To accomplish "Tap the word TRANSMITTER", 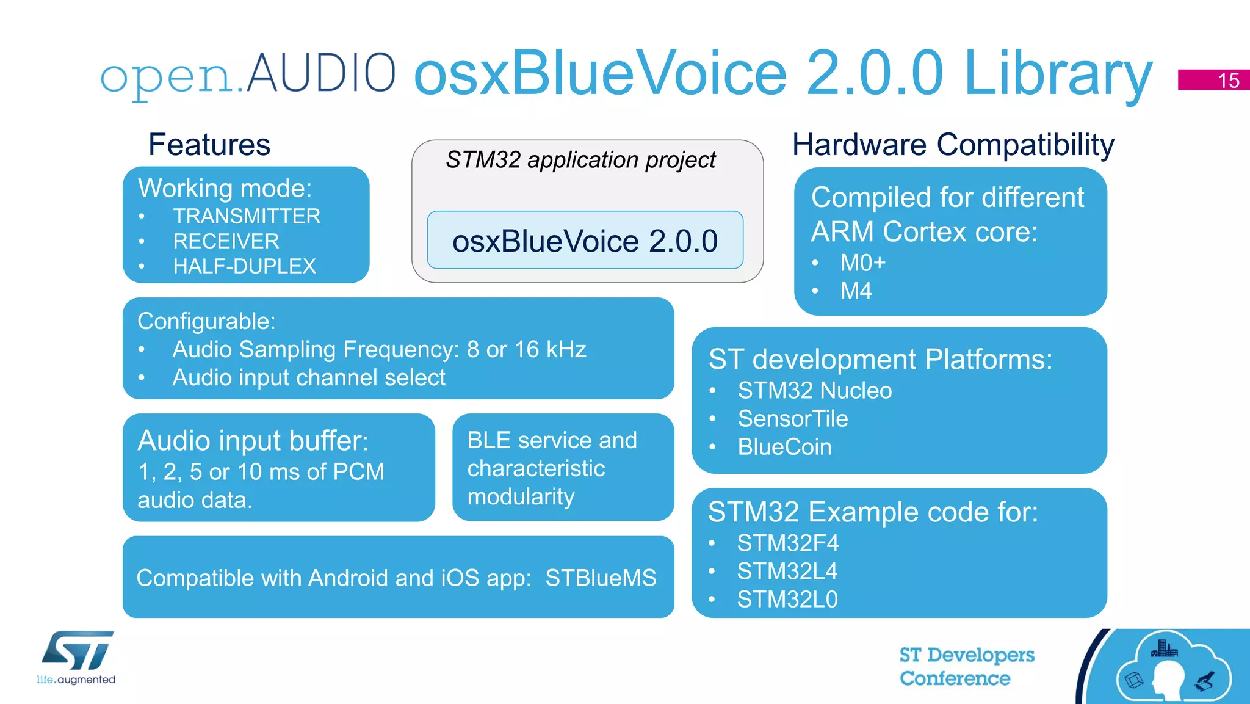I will coord(247,216).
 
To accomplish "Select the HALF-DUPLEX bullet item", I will coord(244,266).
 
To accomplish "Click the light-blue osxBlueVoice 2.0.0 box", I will coord(585,241).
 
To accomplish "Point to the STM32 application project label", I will coord(580,160).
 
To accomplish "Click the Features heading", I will coord(209,145).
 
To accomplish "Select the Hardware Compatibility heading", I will coord(953,145).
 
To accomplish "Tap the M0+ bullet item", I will coord(862,263).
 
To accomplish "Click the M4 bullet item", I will coord(856,291).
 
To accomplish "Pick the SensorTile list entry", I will coord(792,419).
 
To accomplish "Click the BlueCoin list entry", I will coord(784,447).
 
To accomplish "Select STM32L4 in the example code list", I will coord(787,572).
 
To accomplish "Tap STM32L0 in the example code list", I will coord(787,600).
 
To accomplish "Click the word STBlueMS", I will coord(601,578).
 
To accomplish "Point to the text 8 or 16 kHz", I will coord(526,349).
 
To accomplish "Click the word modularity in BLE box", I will coord(521,496).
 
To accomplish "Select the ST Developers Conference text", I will coord(966,666).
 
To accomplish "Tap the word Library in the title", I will coord(1058,74).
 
